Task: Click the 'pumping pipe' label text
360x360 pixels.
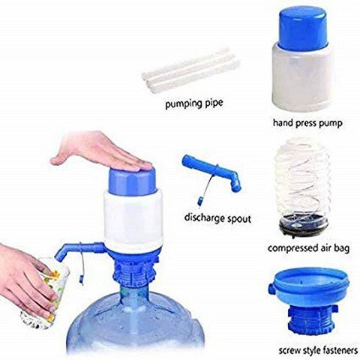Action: pyautogui.click(x=194, y=103)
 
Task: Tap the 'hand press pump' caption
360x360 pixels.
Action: pyautogui.click(x=307, y=123)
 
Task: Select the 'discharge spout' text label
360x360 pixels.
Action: pyautogui.click(x=217, y=218)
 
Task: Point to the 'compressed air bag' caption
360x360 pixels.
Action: pyautogui.click(x=309, y=248)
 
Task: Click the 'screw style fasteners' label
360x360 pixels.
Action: pyautogui.click(x=318, y=350)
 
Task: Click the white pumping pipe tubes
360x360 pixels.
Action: pyautogui.click(x=190, y=70)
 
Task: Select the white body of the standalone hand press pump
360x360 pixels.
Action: pyautogui.click(x=302, y=77)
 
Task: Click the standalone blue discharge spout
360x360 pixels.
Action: pyautogui.click(x=211, y=173)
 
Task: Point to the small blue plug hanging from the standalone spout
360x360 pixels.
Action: pyautogui.click(x=200, y=201)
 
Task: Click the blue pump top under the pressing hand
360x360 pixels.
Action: pyautogui.click(x=132, y=181)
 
